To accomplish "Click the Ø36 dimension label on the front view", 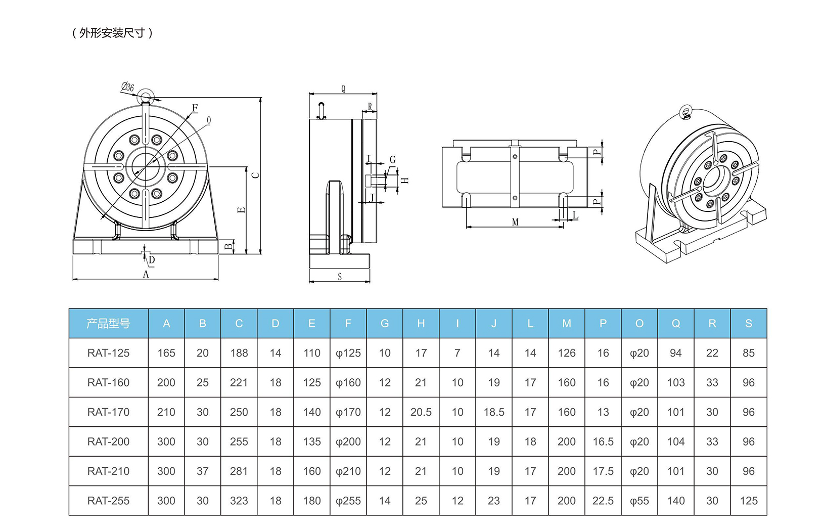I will pos(127,87).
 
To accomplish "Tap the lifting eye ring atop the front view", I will pos(146,97).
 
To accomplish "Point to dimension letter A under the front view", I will pos(146,274).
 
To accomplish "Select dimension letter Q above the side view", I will pos(343,89).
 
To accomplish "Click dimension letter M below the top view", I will pos(515,222).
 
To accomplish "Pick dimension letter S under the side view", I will pos(340,277).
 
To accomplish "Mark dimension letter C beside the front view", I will pos(256,175).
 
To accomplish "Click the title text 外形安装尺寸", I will pos(112,33).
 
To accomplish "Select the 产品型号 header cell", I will pos(108,324).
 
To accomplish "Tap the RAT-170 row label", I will pos(108,412).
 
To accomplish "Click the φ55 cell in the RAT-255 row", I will pos(639,501).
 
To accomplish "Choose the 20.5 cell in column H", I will pos(421,412).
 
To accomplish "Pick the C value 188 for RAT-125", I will pos(239,353).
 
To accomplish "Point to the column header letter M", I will pos(567,324).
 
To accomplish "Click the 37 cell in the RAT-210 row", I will pos(203,471).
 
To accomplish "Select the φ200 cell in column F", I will pos(348,441).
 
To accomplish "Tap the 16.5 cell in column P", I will pos(603,441).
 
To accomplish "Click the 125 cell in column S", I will pos(749,501).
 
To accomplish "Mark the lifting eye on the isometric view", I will pos(686,111).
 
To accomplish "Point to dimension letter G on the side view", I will pos(392,160).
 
